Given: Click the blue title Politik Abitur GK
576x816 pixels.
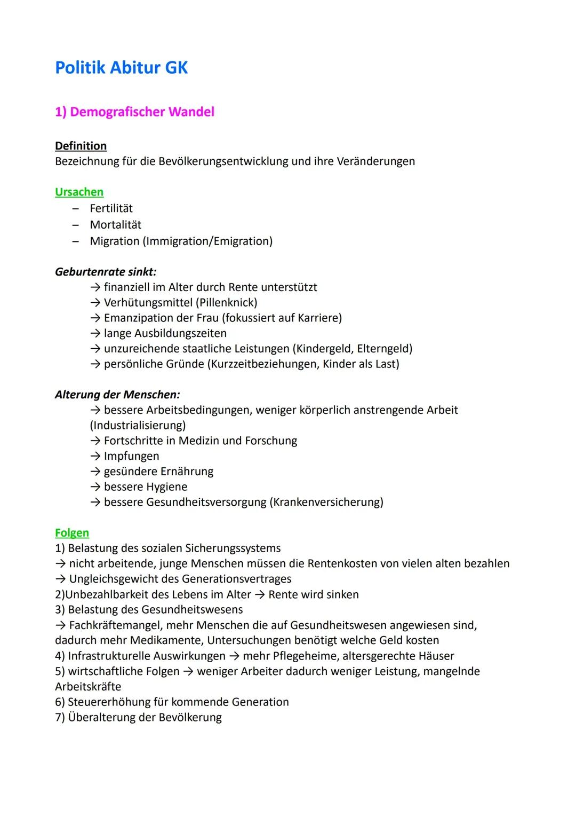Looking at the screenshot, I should (121, 68).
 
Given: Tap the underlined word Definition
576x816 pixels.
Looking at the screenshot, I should (81, 146).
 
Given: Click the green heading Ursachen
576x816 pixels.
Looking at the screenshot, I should (79, 192).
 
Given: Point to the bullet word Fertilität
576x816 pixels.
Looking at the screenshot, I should (111, 208).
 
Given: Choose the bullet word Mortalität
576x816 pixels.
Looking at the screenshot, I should (115, 225).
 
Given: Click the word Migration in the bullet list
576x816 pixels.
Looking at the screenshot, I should (114, 241).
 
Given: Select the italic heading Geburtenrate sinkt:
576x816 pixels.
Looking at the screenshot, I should (106, 271).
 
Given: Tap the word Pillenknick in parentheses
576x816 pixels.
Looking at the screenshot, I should (226, 302).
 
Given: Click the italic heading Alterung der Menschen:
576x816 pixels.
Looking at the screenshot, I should (117, 395).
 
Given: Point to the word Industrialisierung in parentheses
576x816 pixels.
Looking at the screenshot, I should (138, 425).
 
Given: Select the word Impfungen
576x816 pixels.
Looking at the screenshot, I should (131, 456).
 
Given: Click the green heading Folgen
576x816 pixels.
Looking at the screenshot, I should (72, 532).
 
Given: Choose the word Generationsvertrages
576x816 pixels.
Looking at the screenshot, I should (236, 579).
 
